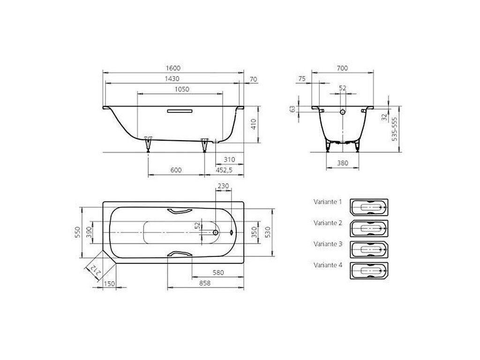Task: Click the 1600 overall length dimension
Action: pyautogui.click(x=173, y=68)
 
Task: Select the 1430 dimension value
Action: pyautogui.click(x=172, y=79)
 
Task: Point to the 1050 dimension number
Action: pyautogui.click(x=182, y=90)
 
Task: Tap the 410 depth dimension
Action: pyautogui.click(x=254, y=124)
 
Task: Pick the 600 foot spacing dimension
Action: pyautogui.click(x=176, y=170)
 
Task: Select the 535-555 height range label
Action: pyautogui.click(x=394, y=128)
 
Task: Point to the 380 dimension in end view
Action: pyautogui.click(x=343, y=163)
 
